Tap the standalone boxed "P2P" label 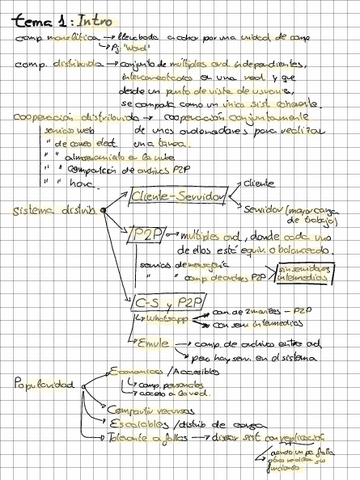pos(148,234)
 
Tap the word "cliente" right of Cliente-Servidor pos(257,183)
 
